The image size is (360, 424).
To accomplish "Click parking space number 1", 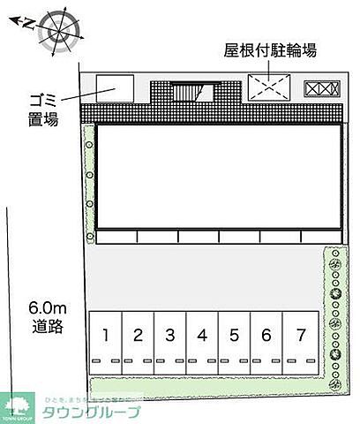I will click(x=105, y=335).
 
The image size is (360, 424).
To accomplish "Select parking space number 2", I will click(x=138, y=335).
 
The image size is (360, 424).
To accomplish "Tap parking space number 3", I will click(x=169, y=335).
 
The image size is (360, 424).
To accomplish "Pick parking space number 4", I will click(x=202, y=335).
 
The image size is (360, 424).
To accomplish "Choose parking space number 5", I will click(x=234, y=335).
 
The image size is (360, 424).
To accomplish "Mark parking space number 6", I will click(x=266, y=335).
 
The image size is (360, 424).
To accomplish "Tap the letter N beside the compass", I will click(x=26, y=21).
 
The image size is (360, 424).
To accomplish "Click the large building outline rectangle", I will click(x=218, y=176).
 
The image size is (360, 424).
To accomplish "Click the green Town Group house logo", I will click(x=17, y=405).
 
